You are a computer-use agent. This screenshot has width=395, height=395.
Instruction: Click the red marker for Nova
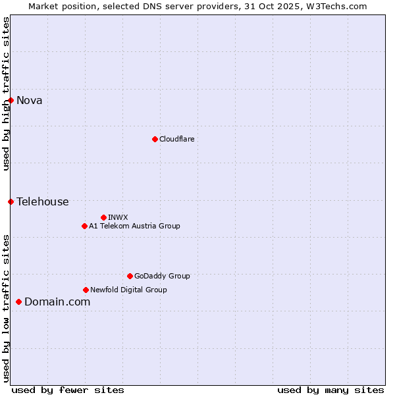(x=11, y=100)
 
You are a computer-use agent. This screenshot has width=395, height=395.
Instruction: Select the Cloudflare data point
(x=155, y=139)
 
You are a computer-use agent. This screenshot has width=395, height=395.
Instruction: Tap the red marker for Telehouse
(x=11, y=201)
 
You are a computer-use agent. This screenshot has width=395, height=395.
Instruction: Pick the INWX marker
(x=103, y=217)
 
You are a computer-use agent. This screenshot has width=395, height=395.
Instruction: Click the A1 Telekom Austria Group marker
(x=84, y=226)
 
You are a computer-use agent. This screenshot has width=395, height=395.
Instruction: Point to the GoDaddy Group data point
(x=130, y=276)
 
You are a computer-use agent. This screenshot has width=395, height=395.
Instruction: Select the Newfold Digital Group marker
(x=86, y=290)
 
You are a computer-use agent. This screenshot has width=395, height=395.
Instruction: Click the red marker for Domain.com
(x=18, y=302)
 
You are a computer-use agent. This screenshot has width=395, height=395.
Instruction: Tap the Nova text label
(x=30, y=100)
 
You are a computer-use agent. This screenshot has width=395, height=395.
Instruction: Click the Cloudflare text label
(x=177, y=139)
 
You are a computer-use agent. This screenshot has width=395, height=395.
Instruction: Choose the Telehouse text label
(x=43, y=201)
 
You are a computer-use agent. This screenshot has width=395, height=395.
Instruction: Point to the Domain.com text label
(x=57, y=302)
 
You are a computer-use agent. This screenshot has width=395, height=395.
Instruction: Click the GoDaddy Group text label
(x=162, y=276)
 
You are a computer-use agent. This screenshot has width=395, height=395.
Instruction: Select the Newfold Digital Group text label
(x=128, y=290)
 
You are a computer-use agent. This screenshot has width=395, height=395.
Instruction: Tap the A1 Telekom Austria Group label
(x=134, y=226)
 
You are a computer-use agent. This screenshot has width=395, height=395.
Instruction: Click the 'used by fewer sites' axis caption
(x=68, y=390)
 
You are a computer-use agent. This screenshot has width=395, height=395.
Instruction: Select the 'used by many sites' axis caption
(x=330, y=390)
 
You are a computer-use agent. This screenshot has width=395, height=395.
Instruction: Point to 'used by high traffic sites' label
(x=7, y=93)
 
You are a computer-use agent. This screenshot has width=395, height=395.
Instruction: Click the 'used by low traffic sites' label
(x=7, y=308)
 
